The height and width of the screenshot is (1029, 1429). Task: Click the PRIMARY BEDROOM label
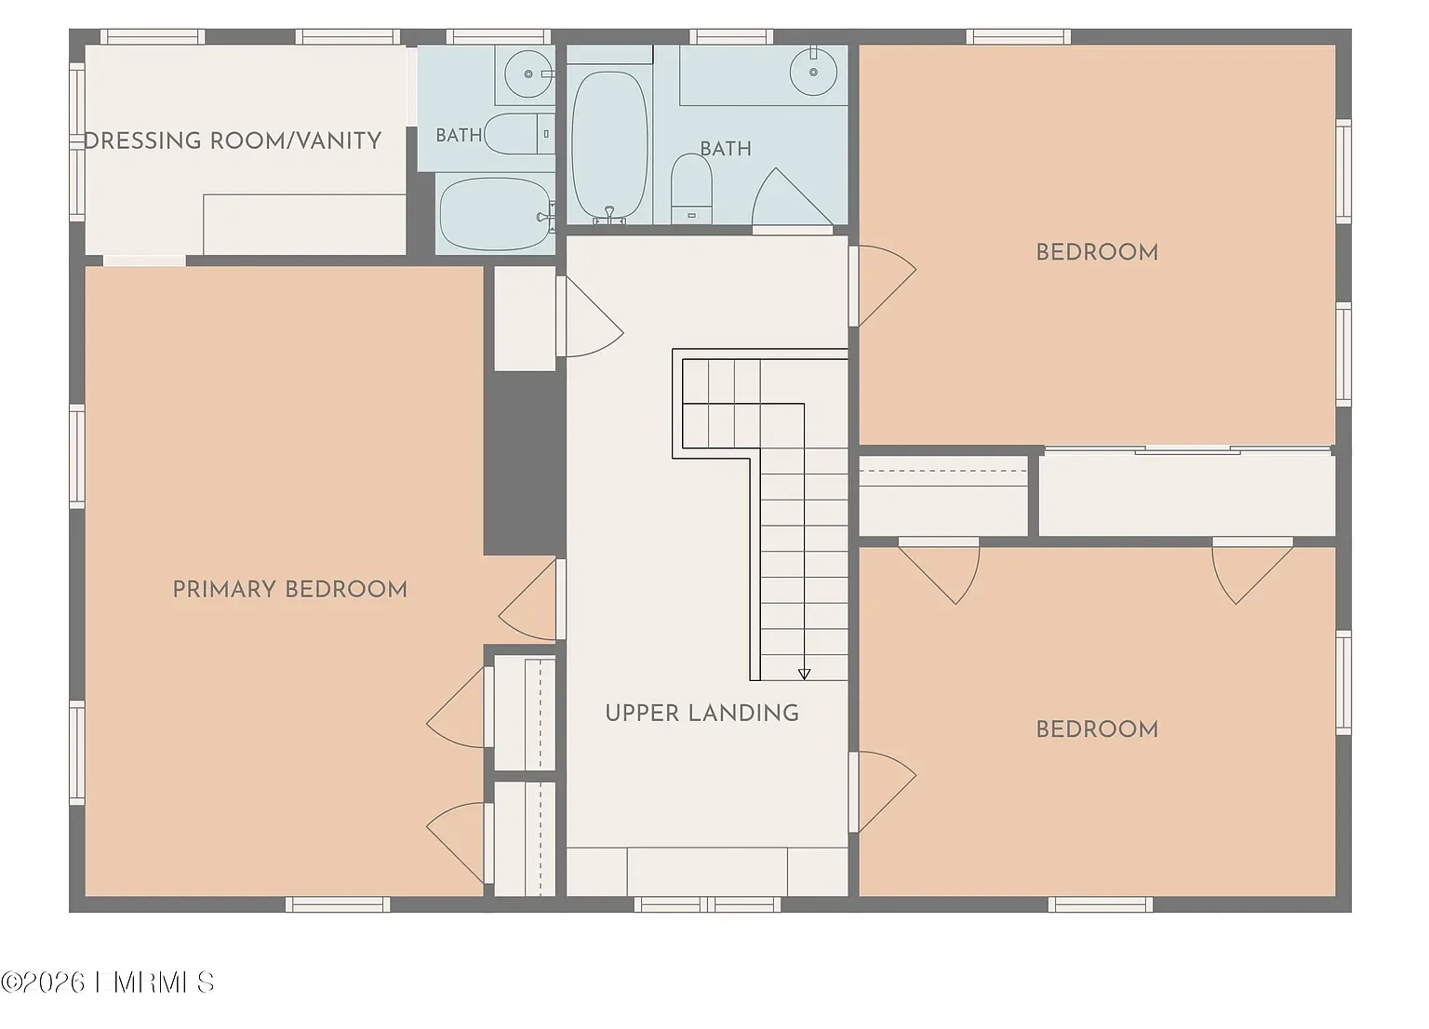point(290,590)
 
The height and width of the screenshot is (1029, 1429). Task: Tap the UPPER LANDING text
point(701,714)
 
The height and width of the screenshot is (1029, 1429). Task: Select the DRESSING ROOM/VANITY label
point(233,141)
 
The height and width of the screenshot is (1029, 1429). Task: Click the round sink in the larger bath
point(813,72)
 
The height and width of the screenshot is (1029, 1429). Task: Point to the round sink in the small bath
point(528,74)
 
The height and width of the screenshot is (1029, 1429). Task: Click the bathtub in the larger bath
point(609,147)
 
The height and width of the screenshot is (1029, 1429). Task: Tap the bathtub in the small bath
point(496,214)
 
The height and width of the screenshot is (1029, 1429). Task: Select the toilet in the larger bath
point(691,188)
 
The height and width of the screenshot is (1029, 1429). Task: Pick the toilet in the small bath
point(520,134)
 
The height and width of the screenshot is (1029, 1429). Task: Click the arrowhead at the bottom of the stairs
point(805,675)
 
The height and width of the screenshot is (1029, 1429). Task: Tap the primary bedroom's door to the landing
point(527,600)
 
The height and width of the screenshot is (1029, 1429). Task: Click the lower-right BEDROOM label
point(1097,729)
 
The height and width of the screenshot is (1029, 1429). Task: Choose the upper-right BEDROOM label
point(1097,252)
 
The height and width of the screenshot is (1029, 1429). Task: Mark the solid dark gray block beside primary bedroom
point(525,463)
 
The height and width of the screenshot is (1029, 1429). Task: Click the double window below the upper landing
point(707,904)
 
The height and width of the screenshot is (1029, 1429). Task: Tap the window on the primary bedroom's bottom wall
point(338,904)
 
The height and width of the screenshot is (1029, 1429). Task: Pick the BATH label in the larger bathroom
point(726,149)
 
